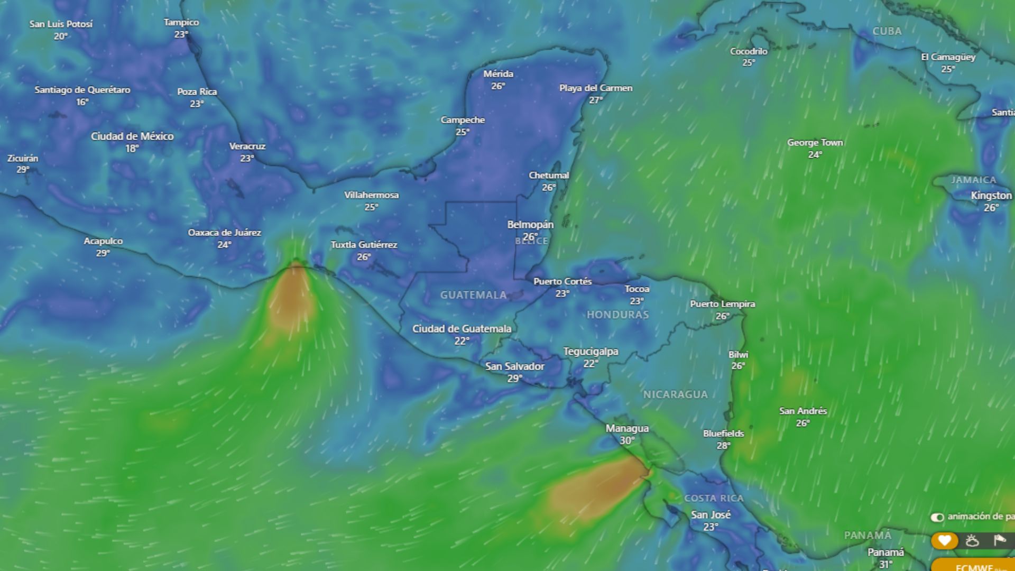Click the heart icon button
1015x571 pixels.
(x=944, y=541)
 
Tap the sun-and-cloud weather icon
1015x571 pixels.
(x=972, y=541)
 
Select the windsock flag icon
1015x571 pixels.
(x=999, y=540)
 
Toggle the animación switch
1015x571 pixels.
(x=937, y=517)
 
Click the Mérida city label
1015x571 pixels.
(x=498, y=74)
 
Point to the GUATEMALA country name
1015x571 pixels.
(x=473, y=295)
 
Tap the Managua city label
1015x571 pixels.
(x=627, y=428)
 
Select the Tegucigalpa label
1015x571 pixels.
(x=590, y=352)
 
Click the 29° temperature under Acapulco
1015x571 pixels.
(x=103, y=253)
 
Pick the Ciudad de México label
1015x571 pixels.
(x=132, y=136)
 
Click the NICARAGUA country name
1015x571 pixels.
(x=675, y=394)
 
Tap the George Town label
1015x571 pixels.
(x=815, y=143)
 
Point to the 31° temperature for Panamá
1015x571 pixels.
(x=885, y=564)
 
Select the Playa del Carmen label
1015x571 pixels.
(x=596, y=88)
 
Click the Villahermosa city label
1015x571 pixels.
(x=371, y=195)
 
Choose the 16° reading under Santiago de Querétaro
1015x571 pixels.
(x=82, y=102)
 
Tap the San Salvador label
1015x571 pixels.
(x=514, y=366)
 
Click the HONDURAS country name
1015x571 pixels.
(x=617, y=315)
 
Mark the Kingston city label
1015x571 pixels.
(x=991, y=196)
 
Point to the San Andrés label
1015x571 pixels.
(x=802, y=411)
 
